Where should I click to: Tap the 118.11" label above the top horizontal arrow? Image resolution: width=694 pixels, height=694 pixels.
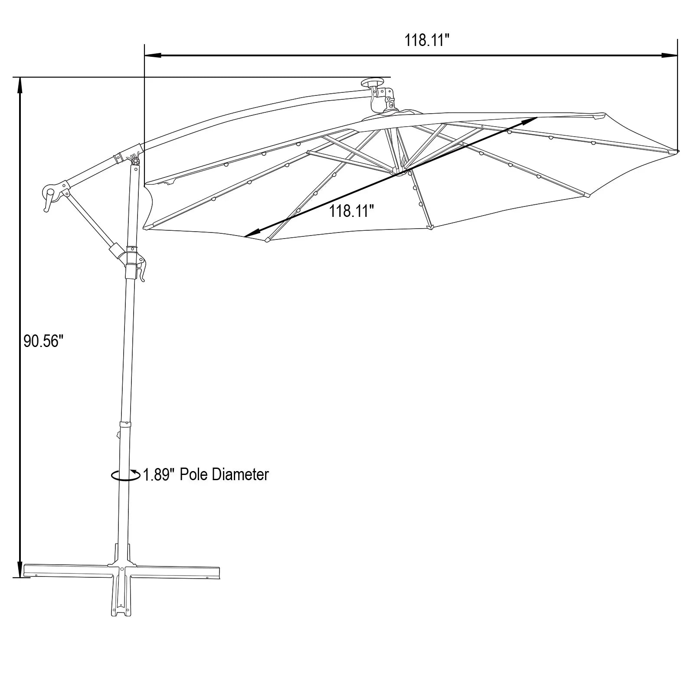(426, 40)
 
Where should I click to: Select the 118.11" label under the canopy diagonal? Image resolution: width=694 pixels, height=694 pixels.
(351, 211)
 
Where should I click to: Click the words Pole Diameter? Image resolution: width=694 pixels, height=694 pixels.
(224, 475)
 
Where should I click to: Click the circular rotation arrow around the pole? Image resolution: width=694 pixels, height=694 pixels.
(125, 475)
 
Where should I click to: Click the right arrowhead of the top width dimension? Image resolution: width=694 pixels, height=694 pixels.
(670, 56)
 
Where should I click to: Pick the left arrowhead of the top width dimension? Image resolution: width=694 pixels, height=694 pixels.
(152, 56)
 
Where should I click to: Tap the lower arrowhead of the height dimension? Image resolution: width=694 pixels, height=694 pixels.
(20, 570)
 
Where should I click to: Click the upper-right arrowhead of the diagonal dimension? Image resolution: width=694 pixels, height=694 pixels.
(531, 119)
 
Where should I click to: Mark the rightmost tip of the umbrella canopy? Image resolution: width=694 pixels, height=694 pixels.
(678, 151)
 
